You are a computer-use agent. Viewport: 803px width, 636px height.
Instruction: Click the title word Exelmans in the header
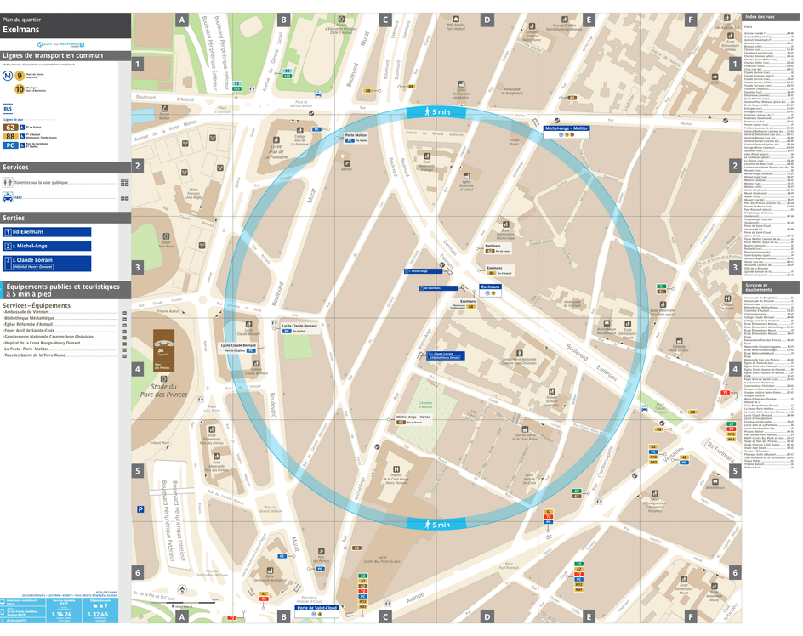(x=20, y=29)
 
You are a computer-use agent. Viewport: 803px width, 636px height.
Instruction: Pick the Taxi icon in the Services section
(x=8, y=197)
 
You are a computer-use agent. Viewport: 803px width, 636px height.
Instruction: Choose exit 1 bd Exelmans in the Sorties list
(x=47, y=232)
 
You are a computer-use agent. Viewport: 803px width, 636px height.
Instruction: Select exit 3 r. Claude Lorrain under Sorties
(x=47, y=262)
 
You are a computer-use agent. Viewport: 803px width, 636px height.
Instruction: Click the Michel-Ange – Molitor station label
(x=567, y=128)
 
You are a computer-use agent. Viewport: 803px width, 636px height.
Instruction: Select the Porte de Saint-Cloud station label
(x=317, y=608)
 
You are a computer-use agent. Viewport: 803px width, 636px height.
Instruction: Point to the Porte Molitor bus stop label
(x=356, y=136)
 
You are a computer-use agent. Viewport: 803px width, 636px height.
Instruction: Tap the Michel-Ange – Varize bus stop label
(x=413, y=417)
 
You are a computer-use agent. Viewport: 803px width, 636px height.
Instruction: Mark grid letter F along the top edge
(x=691, y=19)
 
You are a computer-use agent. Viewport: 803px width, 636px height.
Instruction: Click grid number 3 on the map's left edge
(x=137, y=267)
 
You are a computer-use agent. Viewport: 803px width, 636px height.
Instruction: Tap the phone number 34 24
(x=62, y=614)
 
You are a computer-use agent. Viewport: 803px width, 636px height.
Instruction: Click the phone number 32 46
(x=99, y=614)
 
